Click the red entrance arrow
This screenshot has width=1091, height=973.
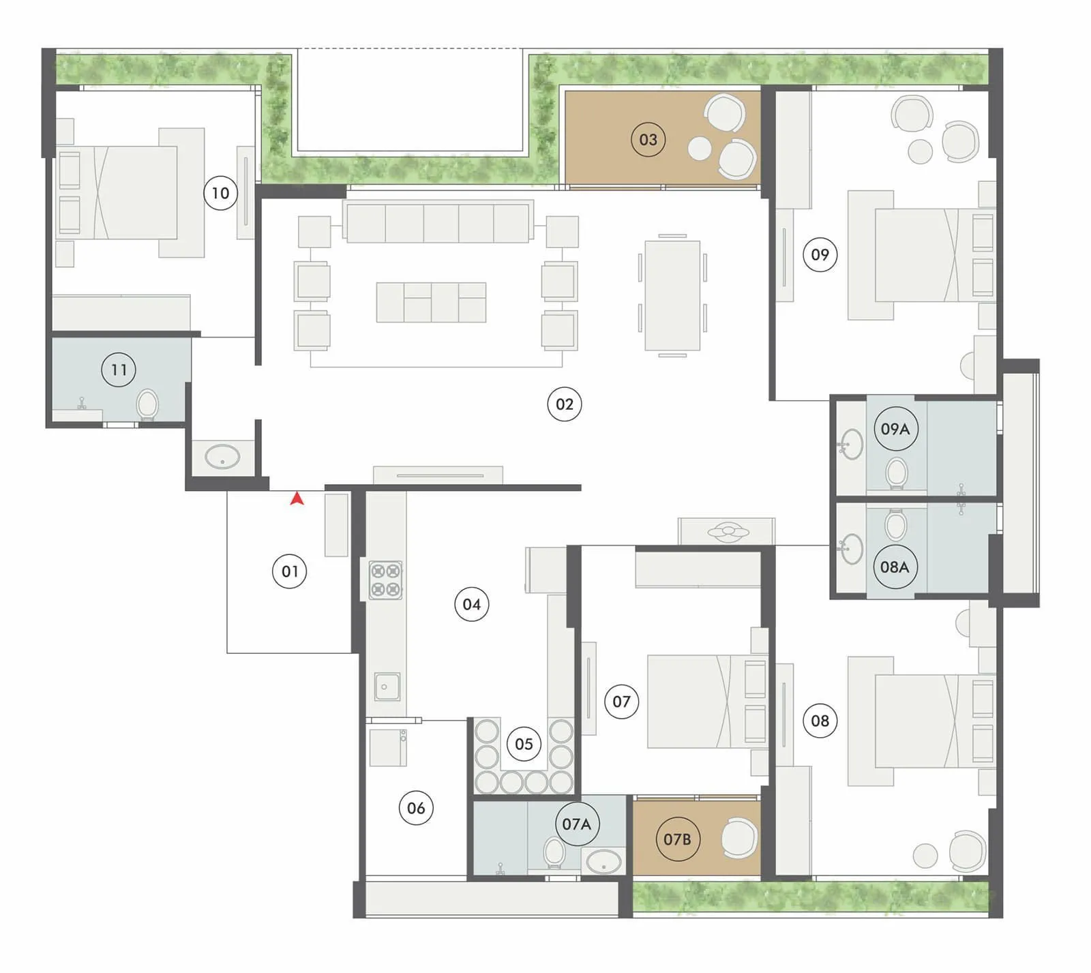point(297,499)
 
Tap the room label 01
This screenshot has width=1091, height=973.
point(290,571)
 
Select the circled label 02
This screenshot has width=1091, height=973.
point(565,404)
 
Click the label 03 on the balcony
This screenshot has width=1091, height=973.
point(648,140)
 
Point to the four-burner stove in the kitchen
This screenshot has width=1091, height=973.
point(385,580)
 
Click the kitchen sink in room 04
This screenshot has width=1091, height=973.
point(387,687)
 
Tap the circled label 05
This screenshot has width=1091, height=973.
point(524,744)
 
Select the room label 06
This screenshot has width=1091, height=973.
point(416,808)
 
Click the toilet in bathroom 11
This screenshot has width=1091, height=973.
point(147,404)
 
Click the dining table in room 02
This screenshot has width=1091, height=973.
point(672,295)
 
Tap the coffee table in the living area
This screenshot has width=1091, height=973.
point(431,302)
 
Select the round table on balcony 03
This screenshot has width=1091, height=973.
point(700,148)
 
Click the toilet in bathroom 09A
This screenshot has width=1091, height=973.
point(897,472)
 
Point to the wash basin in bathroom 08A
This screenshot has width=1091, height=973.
point(850,550)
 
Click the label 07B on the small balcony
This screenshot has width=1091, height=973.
point(677,839)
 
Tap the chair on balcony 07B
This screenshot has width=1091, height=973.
point(739,838)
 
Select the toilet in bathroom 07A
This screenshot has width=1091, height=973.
point(554,852)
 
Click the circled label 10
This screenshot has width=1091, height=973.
point(220,193)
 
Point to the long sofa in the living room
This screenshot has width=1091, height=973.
point(439,222)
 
